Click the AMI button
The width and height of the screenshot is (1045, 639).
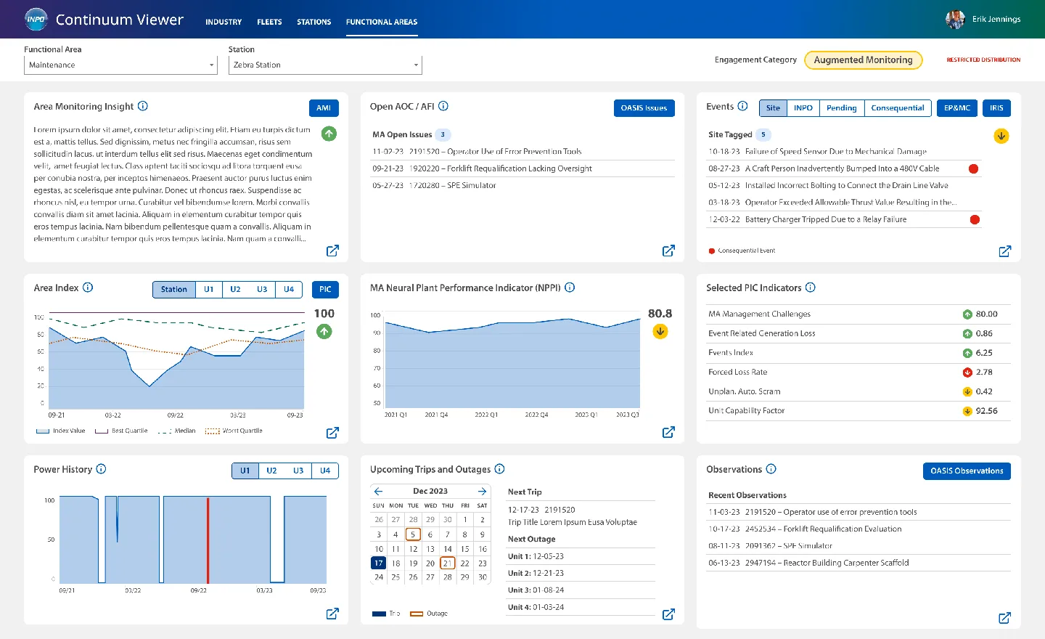[324, 108]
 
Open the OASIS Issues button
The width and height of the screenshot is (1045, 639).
[644, 108]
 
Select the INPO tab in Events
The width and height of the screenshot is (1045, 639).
[803, 108]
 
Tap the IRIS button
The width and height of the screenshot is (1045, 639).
[996, 108]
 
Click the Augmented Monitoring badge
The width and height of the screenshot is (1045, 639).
[863, 60]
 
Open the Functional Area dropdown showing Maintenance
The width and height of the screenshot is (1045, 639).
[120, 65]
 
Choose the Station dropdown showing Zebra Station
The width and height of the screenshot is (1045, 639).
[325, 65]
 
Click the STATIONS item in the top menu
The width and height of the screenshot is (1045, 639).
[313, 22]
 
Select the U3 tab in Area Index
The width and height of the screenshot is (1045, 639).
[262, 290]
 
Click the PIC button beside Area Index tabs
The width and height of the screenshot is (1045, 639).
[325, 290]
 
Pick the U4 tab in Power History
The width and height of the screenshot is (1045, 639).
[325, 471]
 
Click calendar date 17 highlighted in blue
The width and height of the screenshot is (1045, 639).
[378, 563]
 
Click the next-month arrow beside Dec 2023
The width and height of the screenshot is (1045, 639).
[482, 492]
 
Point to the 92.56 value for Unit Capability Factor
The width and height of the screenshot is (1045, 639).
[986, 411]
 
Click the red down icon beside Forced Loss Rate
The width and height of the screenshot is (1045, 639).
[967, 373]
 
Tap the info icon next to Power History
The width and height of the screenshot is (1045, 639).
[102, 469]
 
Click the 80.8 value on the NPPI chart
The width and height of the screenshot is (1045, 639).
[660, 314]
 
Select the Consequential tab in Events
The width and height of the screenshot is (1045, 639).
[897, 108]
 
